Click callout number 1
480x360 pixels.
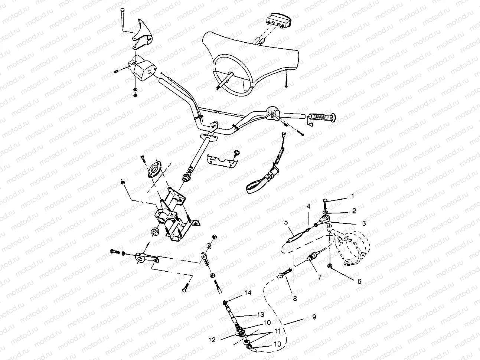pos(353,195)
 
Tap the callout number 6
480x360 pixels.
pos(359,281)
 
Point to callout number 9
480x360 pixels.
pos(314,318)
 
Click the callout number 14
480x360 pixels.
pos(248,293)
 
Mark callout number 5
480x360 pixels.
pos(286,222)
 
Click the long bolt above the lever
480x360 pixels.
pos(122,17)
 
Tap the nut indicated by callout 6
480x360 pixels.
pos(330,265)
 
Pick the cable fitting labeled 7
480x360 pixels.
pos(313,256)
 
